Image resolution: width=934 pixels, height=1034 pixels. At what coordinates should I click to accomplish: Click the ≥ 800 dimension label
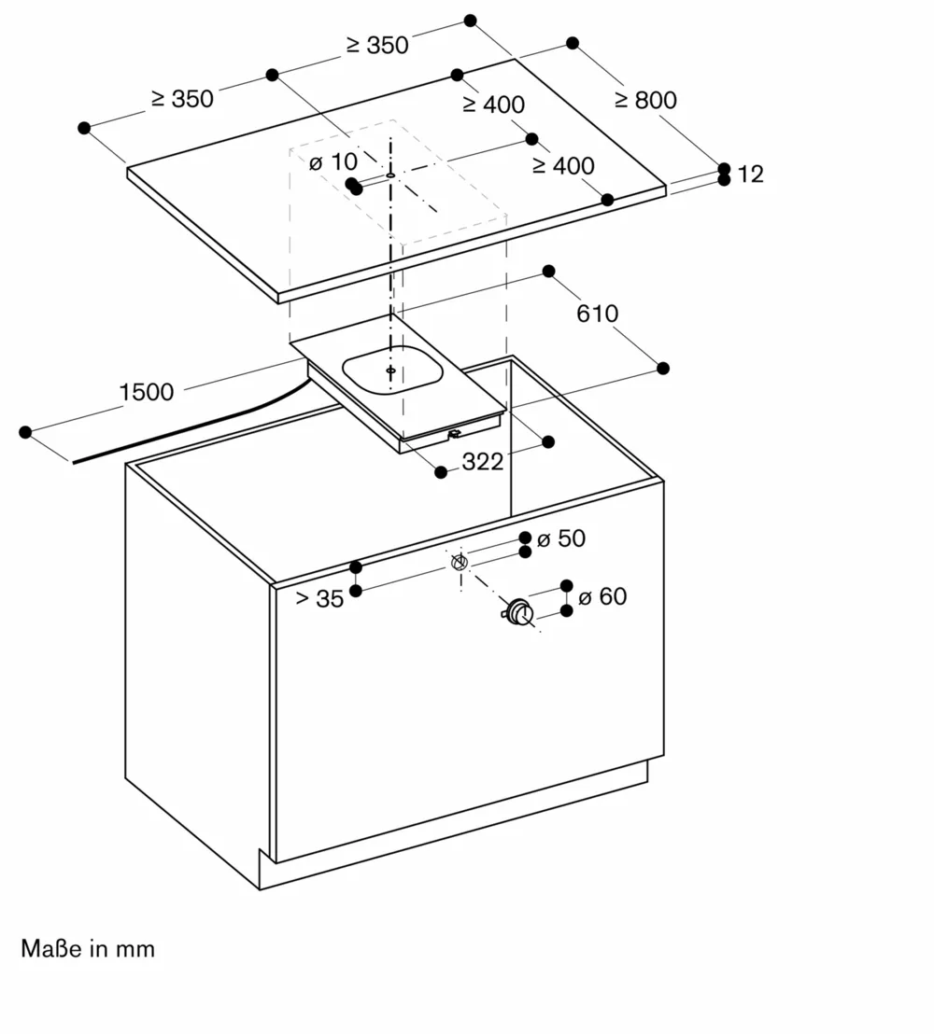click(645, 100)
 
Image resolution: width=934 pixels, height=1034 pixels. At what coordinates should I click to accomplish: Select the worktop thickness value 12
click(750, 174)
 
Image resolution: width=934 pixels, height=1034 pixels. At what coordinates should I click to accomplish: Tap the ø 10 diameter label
click(333, 162)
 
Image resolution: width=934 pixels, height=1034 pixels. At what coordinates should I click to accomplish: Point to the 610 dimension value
click(597, 314)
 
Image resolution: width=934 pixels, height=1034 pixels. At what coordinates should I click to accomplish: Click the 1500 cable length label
click(146, 392)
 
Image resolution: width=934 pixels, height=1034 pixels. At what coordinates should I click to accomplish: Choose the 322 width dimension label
click(483, 461)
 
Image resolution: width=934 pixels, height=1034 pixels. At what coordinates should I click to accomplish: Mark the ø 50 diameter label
click(560, 538)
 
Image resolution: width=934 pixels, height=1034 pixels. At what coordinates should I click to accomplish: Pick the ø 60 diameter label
click(601, 596)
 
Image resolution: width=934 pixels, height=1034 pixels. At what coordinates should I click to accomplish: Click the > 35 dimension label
click(319, 599)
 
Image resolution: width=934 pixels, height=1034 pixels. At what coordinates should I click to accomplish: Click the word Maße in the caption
click(51, 949)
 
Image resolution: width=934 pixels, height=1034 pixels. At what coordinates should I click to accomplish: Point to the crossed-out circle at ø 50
click(458, 563)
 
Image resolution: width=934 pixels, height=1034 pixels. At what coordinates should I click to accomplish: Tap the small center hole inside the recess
click(389, 369)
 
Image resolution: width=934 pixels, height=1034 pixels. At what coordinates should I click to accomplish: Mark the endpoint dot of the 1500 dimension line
click(25, 432)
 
